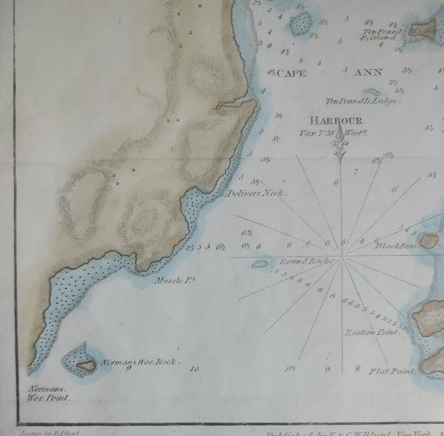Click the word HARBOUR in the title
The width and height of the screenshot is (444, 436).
336,121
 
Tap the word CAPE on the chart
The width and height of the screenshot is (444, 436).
291,73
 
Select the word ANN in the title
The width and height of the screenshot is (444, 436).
368,73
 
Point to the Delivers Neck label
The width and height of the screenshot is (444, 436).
256,193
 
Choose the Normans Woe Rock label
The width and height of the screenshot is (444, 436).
140,362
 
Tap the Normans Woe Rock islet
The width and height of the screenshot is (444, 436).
86,366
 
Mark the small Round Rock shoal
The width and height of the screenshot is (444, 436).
259,264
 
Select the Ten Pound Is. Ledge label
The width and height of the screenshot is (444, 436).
362,101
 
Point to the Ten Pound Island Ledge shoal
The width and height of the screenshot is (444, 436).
372,92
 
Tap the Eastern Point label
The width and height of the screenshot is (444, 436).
371,332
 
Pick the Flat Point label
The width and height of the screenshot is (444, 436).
391,371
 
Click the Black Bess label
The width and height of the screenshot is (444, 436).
396,246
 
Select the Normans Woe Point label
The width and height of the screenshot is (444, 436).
49,394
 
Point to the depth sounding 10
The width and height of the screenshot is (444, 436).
194,369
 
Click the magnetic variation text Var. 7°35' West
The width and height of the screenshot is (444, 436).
336,133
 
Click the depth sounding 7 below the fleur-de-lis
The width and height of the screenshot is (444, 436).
355,172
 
